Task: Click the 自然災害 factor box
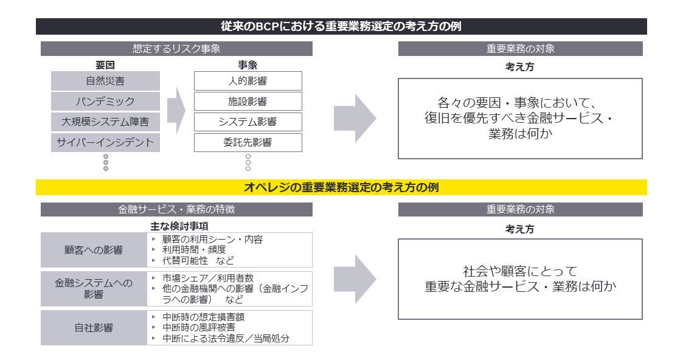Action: tap(105, 81)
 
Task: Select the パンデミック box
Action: tap(105, 102)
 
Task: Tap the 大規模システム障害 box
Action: tap(105, 122)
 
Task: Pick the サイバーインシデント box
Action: tap(105, 143)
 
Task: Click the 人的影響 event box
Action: tap(248, 81)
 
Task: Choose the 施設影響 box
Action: tap(248, 102)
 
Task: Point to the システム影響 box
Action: tap(248, 122)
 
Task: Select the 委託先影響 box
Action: tap(248, 143)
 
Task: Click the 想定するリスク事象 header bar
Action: tap(176, 49)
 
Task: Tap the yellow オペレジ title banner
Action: tap(341, 188)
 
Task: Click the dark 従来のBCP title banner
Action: tap(341, 27)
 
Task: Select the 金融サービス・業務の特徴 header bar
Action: tap(176, 209)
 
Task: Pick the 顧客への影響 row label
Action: tap(94, 249)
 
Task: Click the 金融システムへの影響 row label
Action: tap(94, 289)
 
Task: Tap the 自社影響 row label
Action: tap(94, 328)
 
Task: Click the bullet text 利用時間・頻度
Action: tap(194, 249)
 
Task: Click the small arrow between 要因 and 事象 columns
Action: tap(176, 109)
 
